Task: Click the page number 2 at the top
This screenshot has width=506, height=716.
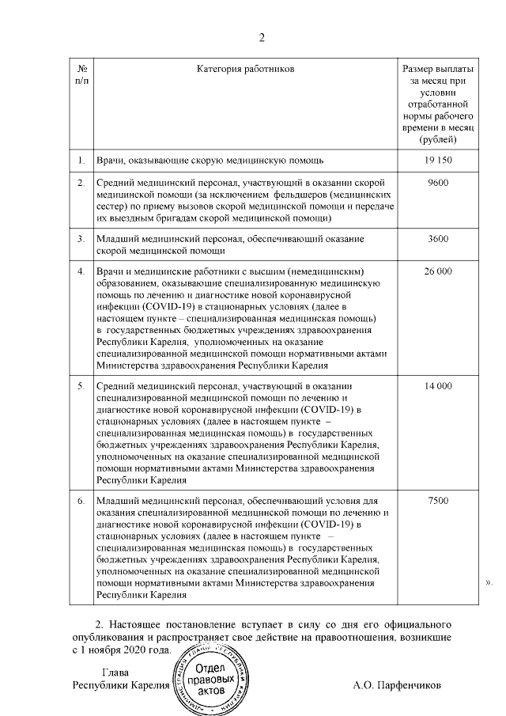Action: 262,37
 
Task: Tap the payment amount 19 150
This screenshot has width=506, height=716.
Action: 437,161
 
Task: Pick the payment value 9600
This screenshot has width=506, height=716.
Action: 437,183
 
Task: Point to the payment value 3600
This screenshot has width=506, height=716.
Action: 437,238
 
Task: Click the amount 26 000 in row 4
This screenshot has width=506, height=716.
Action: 437,271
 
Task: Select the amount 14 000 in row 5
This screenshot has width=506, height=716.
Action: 437,385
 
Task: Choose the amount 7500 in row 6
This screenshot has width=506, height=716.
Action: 437,501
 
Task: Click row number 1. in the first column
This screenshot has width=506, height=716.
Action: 81,161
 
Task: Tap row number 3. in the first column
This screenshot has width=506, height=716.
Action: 81,238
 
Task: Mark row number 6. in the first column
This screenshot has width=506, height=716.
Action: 81,501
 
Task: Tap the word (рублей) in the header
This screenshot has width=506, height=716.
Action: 437,139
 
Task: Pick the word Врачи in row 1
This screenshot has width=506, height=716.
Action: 110,161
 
